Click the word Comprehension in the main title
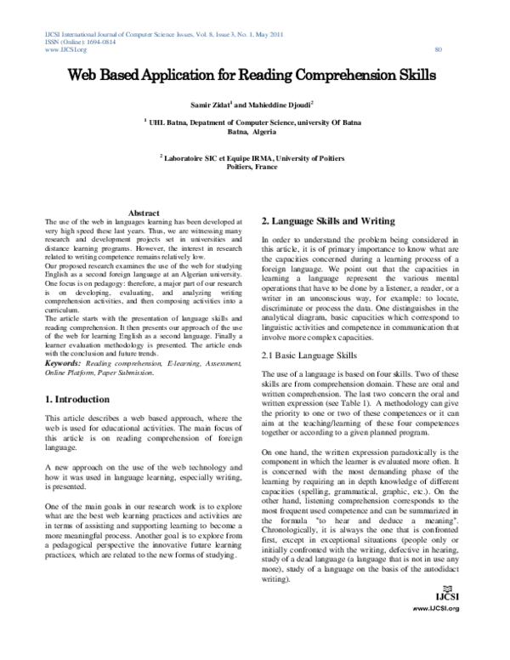[341, 75]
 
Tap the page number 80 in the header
[439, 50]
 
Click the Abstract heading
[144, 212]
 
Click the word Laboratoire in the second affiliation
[195, 157]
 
